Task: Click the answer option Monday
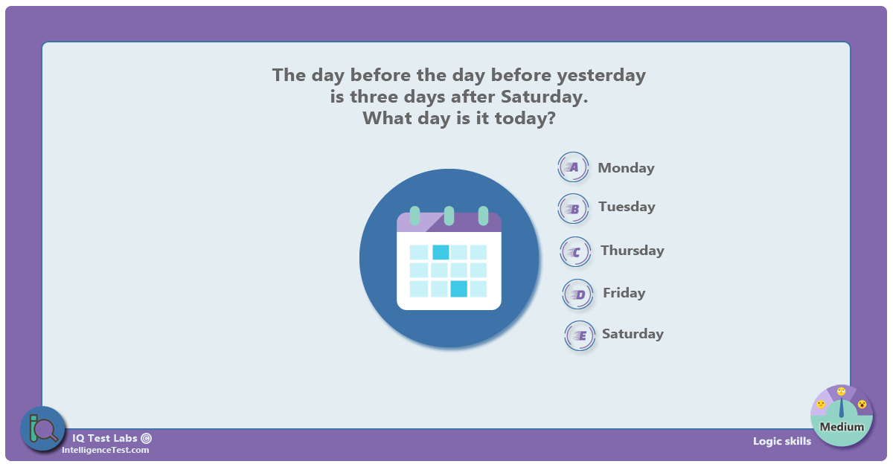[x=626, y=168]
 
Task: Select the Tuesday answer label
[x=627, y=207]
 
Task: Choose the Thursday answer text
[x=633, y=251]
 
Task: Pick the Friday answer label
[x=624, y=293]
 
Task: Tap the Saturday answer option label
[x=633, y=333]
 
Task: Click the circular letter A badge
[x=573, y=167]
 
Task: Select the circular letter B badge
[x=573, y=209]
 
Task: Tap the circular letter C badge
[x=575, y=252]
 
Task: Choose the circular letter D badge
[x=577, y=294]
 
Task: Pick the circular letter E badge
[x=580, y=336]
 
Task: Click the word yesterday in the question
[x=601, y=76]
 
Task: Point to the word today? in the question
[x=525, y=118]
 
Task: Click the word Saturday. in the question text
[x=545, y=97]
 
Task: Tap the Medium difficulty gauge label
[x=842, y=427]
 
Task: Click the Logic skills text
[x=782, y=441]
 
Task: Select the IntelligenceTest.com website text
[x=105, y=450]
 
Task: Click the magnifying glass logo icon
[x=42, y=429]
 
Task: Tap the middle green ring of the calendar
[x=449, y=216]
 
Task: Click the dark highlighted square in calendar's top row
[x=441, y=252]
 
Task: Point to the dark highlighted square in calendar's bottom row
[x=458, y=289]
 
